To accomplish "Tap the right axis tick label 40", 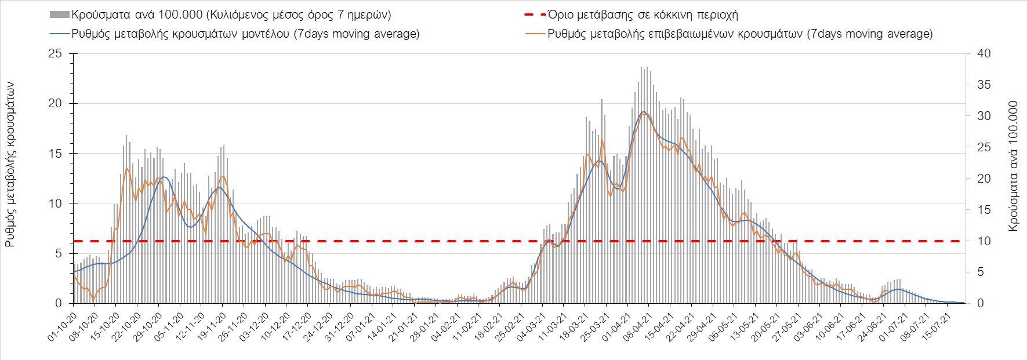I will [984, 53].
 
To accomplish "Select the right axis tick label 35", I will [984, 85].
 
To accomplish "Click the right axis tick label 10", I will [984, 241].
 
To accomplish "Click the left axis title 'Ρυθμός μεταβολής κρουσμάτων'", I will [10, 165].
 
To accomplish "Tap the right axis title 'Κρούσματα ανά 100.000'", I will [1013, 166].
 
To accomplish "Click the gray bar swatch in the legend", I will [60, 14].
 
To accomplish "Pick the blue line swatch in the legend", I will [60, 34].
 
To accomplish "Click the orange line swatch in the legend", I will [535, 34].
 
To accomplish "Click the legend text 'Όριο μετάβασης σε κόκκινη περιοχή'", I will [643, 14].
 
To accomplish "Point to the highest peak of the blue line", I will [644, 111].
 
